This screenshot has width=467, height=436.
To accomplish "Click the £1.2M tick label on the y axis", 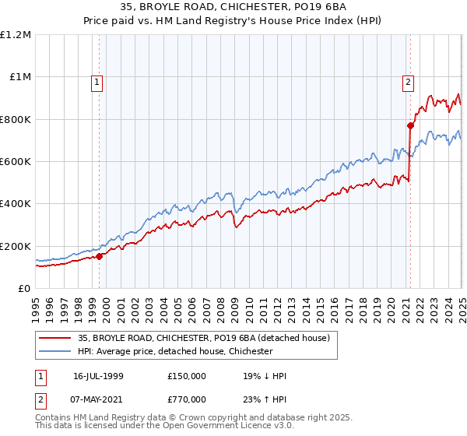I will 16,35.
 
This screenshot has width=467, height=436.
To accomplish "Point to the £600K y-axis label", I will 16,162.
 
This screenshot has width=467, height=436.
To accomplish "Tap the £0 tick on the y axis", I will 24,289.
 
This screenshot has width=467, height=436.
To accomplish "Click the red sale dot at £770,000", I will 409,125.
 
